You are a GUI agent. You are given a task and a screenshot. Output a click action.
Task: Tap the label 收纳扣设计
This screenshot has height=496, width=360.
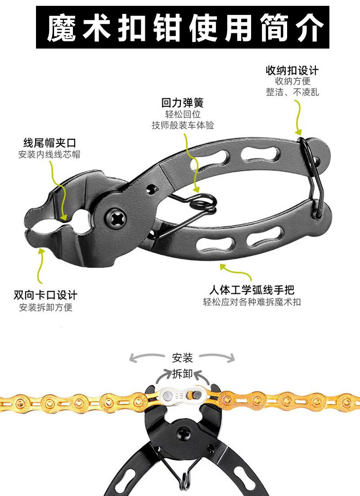292,71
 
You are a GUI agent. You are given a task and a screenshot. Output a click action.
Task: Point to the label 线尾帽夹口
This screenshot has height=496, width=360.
49,143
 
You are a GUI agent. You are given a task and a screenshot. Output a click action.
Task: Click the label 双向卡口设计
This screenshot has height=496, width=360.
45,295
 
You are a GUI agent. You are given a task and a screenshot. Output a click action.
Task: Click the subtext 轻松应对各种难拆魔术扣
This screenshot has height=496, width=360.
252,302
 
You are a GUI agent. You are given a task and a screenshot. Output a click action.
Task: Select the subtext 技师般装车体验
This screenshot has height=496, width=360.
183,125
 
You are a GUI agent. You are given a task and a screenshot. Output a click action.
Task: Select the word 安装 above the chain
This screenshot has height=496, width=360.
182,358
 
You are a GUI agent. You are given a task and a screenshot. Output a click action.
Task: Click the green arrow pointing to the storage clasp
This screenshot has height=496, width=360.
297,117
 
